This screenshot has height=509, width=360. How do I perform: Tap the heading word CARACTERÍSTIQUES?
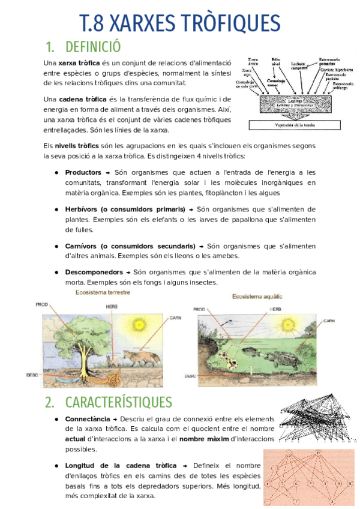(x=118, y=402)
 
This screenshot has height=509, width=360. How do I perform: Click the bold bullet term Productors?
(x=83, y=172)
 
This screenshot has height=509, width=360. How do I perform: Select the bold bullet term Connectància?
(x=87, y=418)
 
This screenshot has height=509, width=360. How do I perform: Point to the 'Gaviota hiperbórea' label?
(x=336, y=70)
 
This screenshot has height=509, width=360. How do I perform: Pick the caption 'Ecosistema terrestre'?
(x=102, y=292)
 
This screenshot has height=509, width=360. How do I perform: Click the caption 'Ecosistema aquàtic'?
(x=257, y=297)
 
